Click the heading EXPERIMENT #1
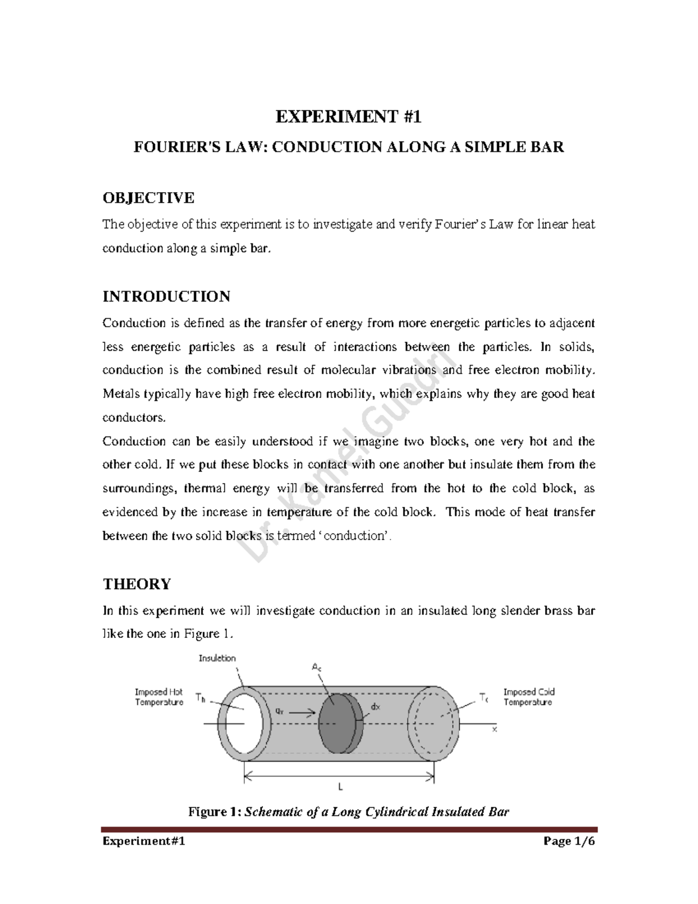(x=348, y=118)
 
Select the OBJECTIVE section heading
(x=148, y=198)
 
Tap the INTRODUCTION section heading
(x=166, y=296)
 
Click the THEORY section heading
(x=137, y=584)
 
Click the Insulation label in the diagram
(x=217, y=658)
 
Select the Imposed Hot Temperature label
(x=159, y=697)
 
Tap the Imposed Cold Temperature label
(x=529, y=697)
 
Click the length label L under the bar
(x=341, y=787)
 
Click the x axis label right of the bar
(x=495, y=729)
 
